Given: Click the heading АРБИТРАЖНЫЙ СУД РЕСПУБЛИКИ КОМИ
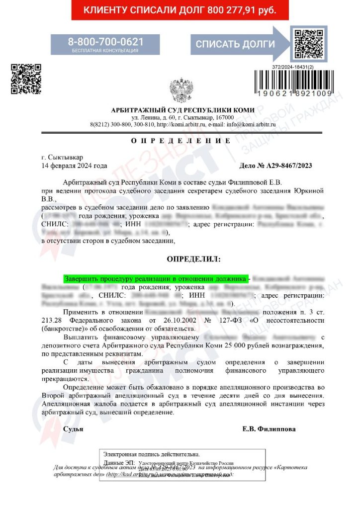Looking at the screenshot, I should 182,110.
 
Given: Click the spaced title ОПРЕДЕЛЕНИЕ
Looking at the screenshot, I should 178,141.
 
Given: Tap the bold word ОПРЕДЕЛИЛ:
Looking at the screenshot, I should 192,259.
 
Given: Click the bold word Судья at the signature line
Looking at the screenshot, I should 73,429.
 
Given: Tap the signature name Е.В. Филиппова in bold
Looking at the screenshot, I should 269,429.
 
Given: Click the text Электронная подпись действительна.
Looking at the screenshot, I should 151,454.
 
